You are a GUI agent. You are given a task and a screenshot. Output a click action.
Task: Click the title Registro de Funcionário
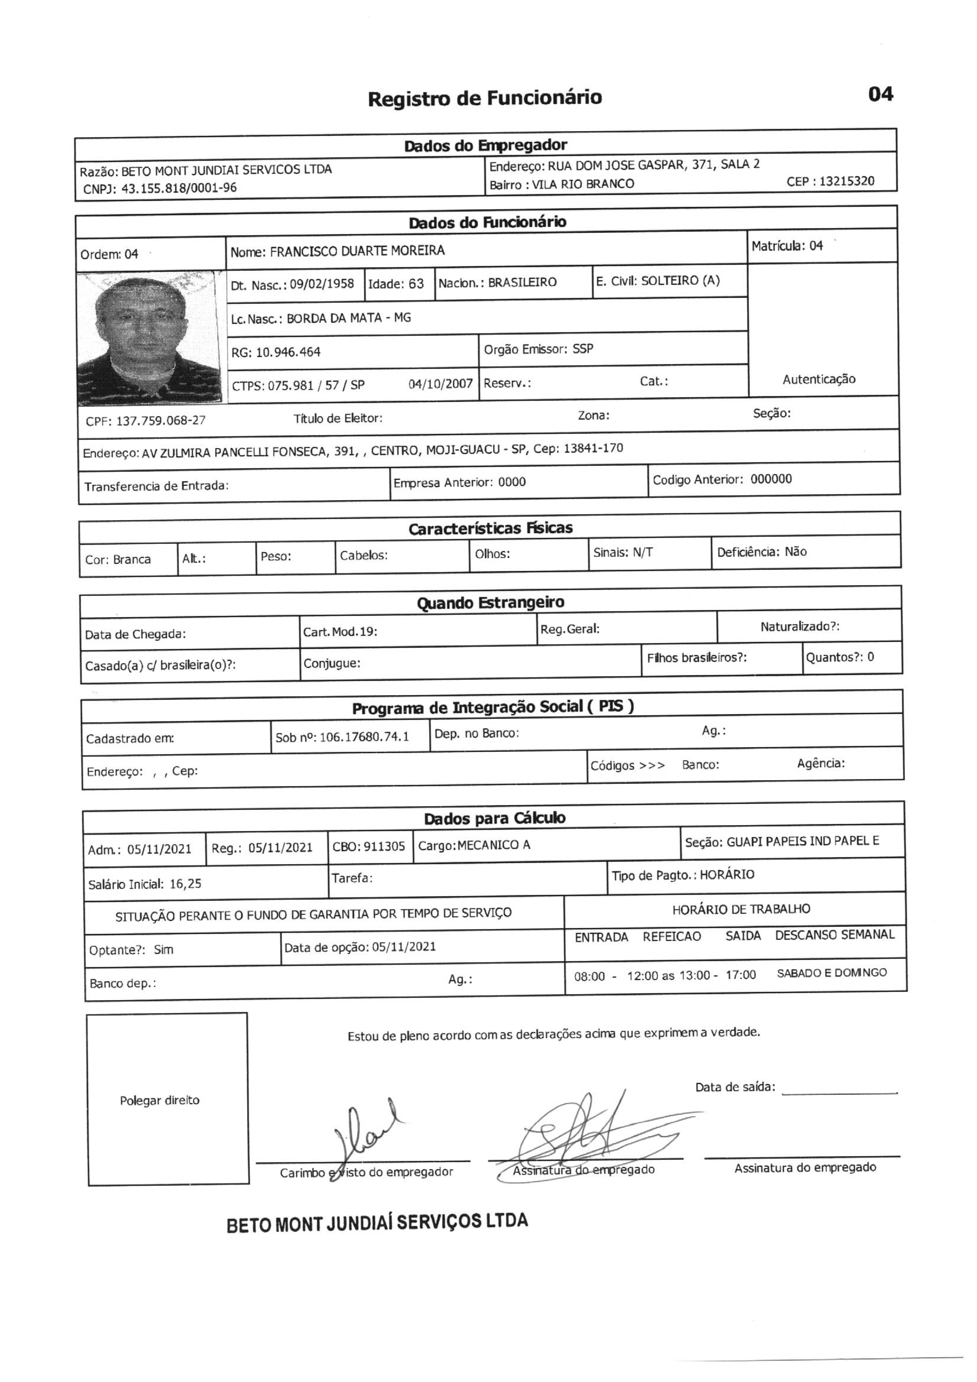tap(485, 98)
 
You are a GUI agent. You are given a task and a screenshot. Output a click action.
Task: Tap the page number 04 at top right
tap(880, 94)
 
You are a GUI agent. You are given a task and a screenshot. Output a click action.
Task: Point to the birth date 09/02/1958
tap(322, 284)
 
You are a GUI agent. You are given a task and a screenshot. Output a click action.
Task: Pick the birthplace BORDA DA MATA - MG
tap(349, 318)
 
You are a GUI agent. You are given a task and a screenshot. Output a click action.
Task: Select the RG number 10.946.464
tap(288, 352)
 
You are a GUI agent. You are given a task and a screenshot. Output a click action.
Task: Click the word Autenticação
tap(819, 379)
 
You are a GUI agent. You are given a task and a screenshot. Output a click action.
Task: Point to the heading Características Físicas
tap(490, 528)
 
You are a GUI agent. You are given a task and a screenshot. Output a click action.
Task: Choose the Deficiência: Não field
tap(761, 552)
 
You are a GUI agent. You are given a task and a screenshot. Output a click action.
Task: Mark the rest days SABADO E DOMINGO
tap(832, 973)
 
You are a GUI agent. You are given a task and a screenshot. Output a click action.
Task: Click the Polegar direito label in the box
tap(160, 1100)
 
